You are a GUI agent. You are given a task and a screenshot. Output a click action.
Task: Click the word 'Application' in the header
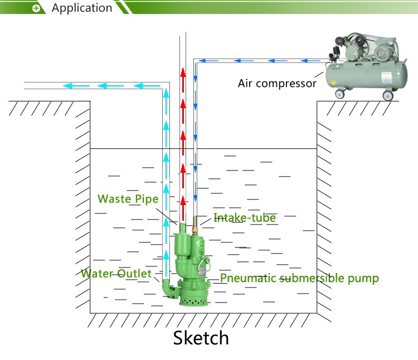pos(81,8)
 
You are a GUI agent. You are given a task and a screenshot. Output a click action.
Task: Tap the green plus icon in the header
pos(37,8)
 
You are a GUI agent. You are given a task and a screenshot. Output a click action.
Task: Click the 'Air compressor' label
pos(277,84)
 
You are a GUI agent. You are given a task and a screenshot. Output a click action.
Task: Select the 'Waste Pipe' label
pos(128,199)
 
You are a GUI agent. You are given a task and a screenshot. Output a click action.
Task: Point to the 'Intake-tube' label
pos(245,218)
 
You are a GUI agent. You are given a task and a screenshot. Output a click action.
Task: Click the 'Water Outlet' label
pos(116,273)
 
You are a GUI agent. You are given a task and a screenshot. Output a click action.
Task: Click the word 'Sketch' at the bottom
pos(201,338)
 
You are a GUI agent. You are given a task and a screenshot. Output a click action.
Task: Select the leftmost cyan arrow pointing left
pos(70,86)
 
